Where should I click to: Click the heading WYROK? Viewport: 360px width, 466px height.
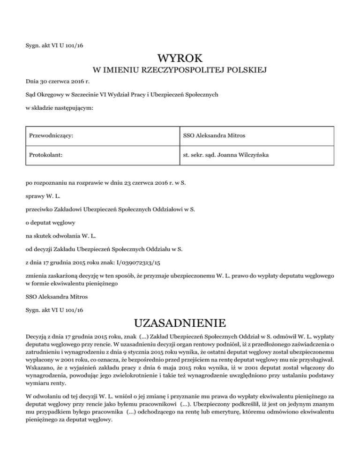[180, 59]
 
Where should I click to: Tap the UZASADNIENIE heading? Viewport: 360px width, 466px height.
[180, 323]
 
